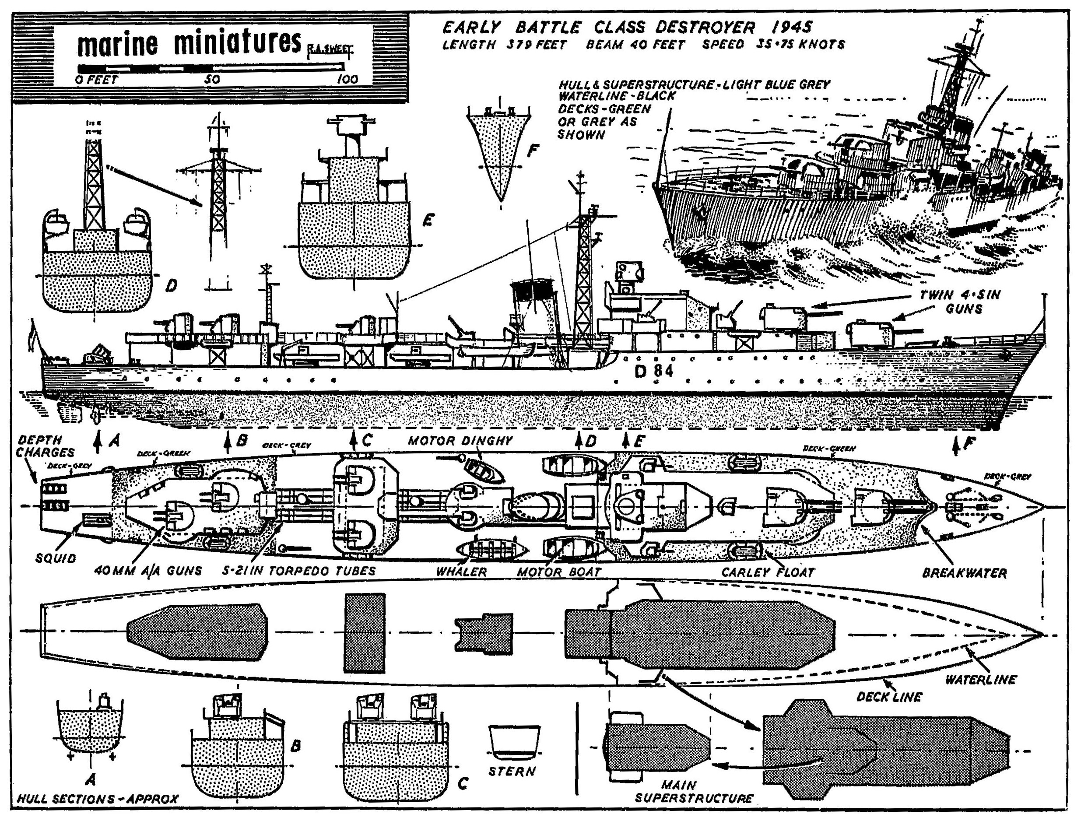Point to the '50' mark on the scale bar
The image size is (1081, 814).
212,80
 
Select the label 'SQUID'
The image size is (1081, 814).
56,558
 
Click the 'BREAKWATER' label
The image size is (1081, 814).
964,573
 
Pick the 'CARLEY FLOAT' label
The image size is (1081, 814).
768,572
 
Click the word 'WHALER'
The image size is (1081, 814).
462,572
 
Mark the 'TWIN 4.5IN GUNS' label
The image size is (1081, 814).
960,302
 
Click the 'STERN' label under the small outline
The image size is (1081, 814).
512,771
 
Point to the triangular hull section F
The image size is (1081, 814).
499,151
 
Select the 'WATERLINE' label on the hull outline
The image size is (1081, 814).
980,680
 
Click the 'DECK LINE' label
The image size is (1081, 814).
888,697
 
